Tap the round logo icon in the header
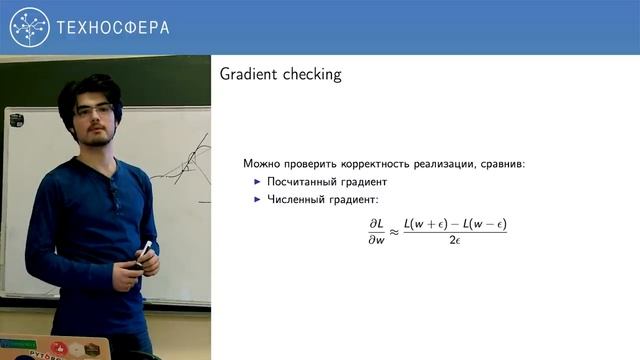click(x=29, y=28)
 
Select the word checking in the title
click(x=312, y=74)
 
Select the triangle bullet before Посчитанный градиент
click(x=256, y=182)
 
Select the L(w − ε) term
click(x=484, y=225)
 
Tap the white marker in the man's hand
click(x=146, y=250)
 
